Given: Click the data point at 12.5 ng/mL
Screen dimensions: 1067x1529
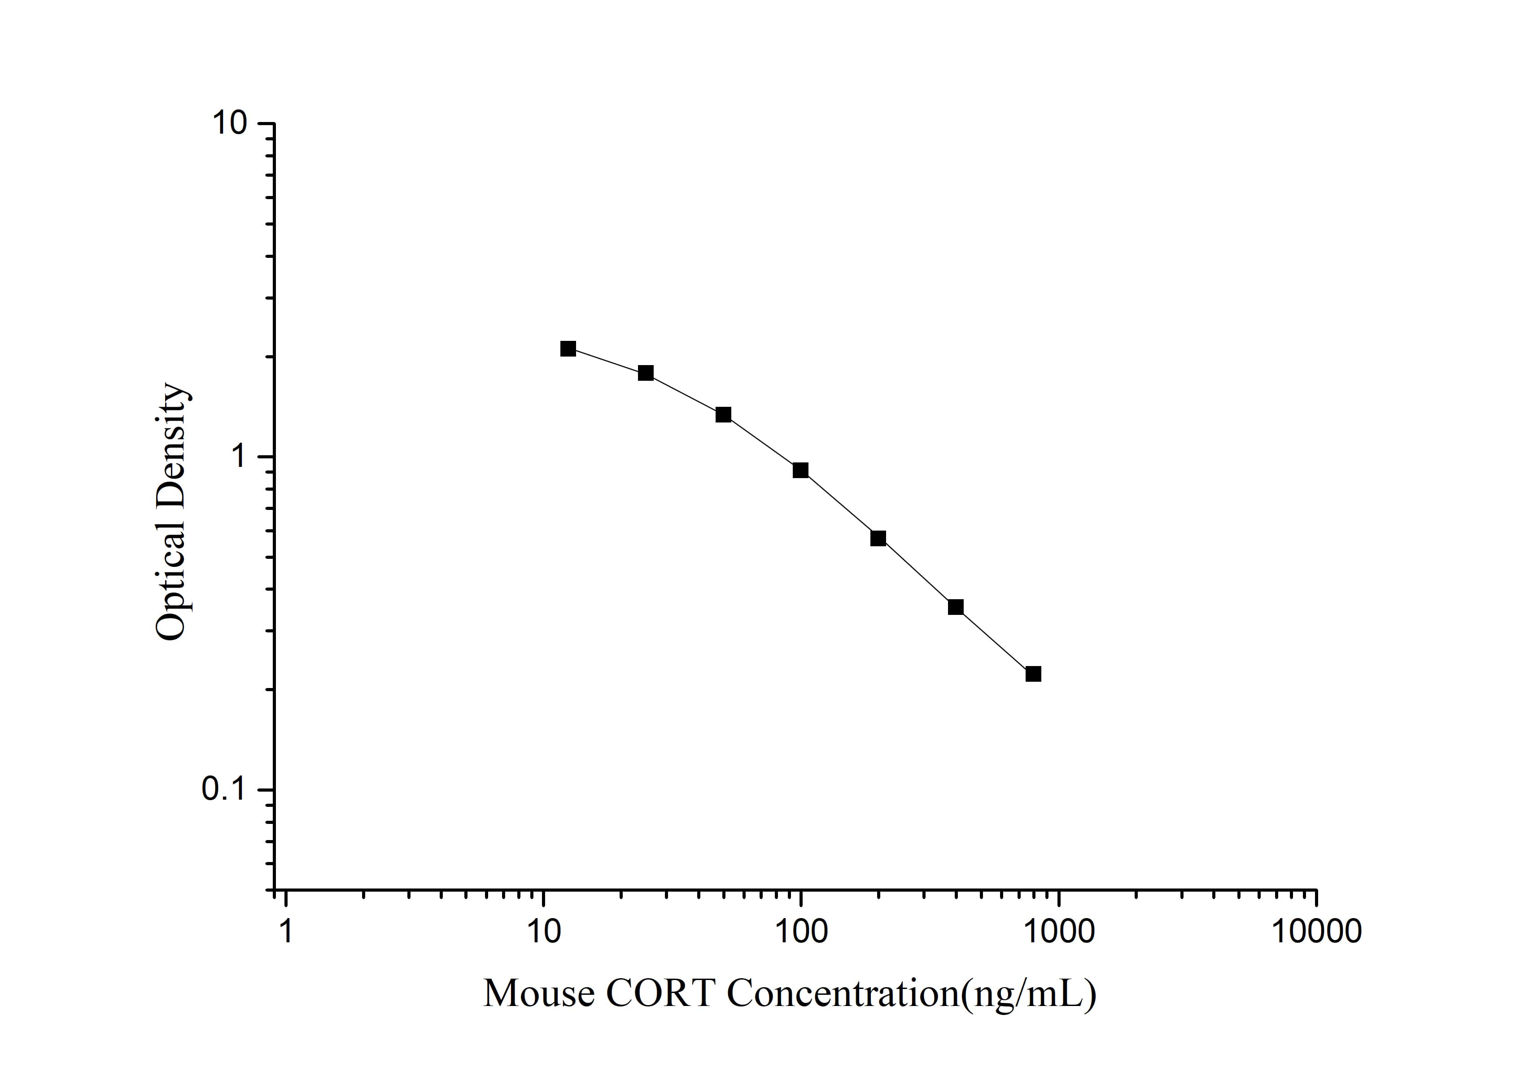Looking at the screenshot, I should point(568,349).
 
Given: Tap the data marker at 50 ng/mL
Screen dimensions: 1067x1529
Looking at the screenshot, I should point(723,415).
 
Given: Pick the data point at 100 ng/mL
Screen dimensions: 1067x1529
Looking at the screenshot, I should point(800,470).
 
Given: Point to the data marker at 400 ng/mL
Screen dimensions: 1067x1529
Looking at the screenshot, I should point(956,607).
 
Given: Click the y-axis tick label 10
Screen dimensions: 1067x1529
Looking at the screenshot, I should point(230,124).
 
